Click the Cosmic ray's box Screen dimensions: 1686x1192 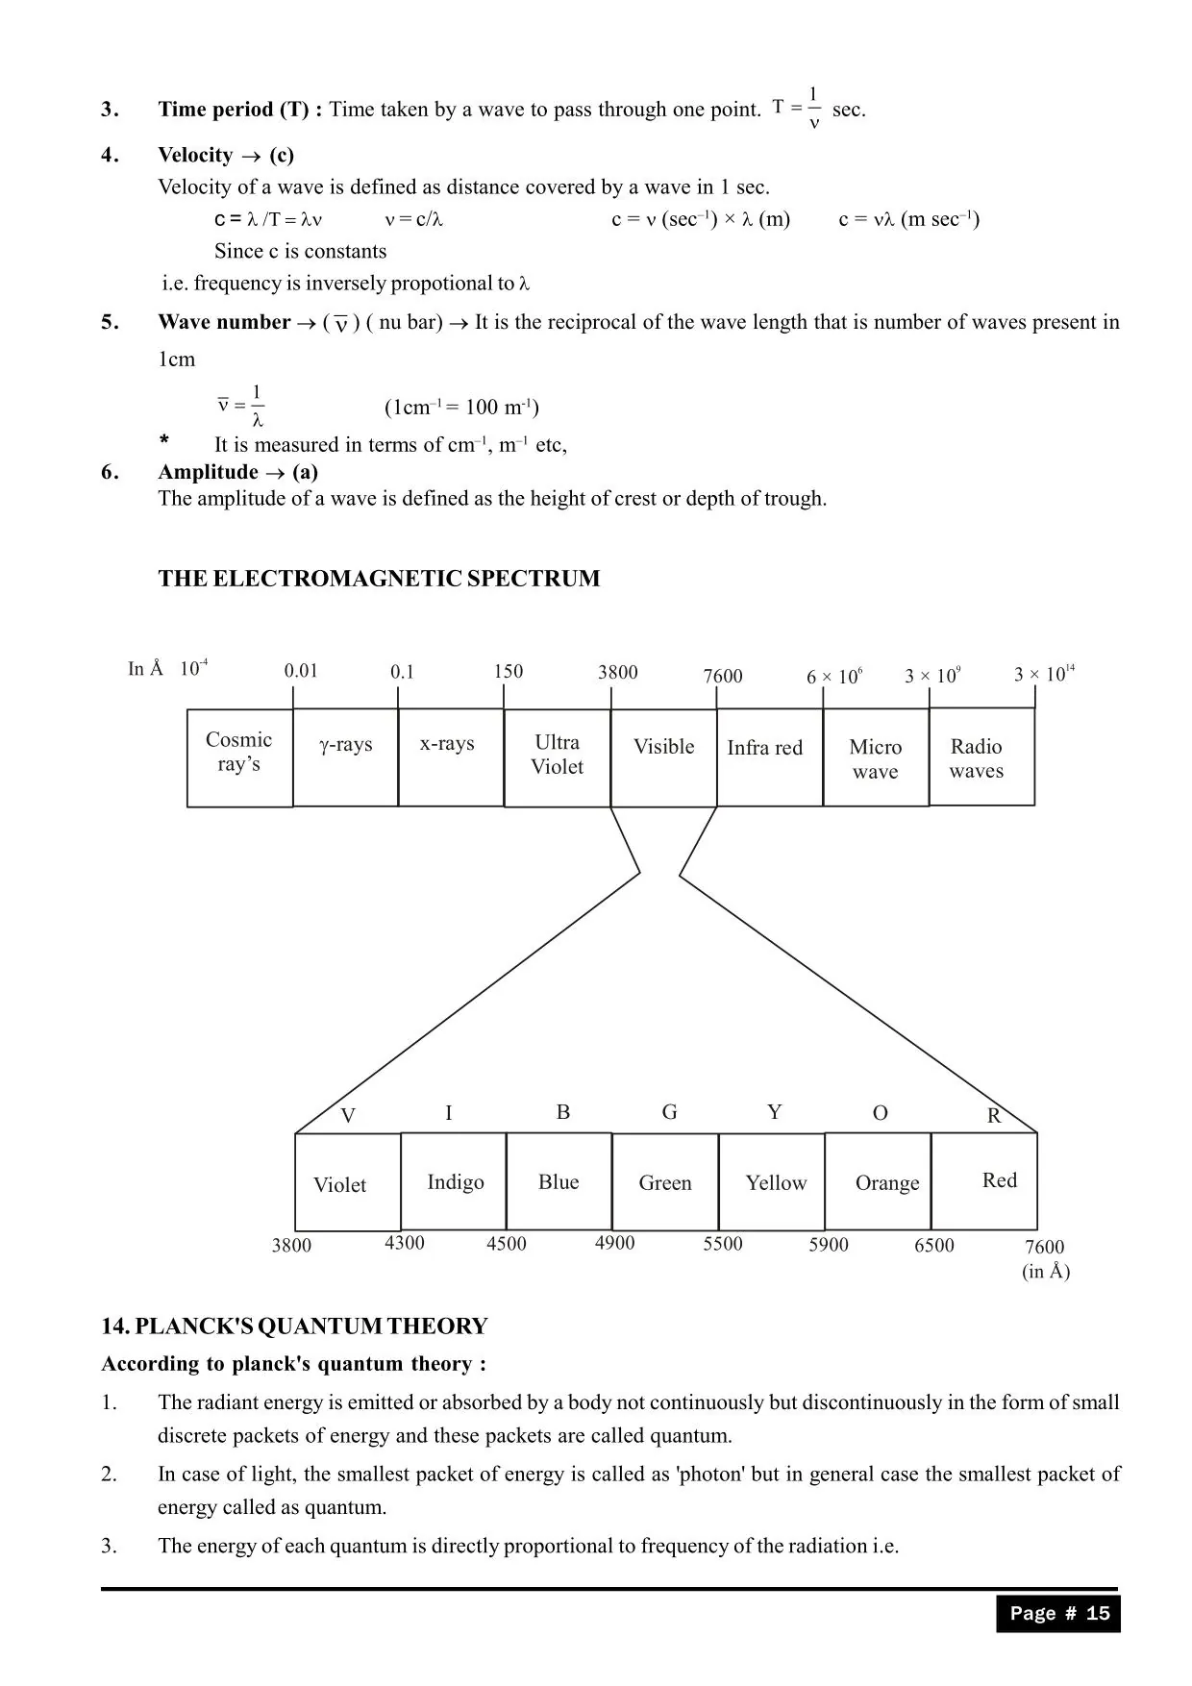239,757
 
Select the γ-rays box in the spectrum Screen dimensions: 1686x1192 345,757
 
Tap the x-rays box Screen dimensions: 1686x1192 451,757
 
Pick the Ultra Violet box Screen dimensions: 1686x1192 558,757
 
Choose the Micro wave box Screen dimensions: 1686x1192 876,757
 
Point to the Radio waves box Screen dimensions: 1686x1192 981,756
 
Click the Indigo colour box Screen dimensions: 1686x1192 454,1181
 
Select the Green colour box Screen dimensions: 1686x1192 665,1182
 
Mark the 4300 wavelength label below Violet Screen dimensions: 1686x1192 405,1243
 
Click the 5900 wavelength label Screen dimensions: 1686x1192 829,1245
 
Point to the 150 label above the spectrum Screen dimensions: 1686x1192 509,671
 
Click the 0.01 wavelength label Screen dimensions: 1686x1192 301,671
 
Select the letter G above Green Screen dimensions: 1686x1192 670,1112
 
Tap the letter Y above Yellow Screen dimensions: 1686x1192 775,1112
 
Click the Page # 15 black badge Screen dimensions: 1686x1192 1058,1614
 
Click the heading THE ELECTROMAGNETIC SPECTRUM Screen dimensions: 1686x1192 379,579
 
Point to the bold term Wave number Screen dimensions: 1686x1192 224,322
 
